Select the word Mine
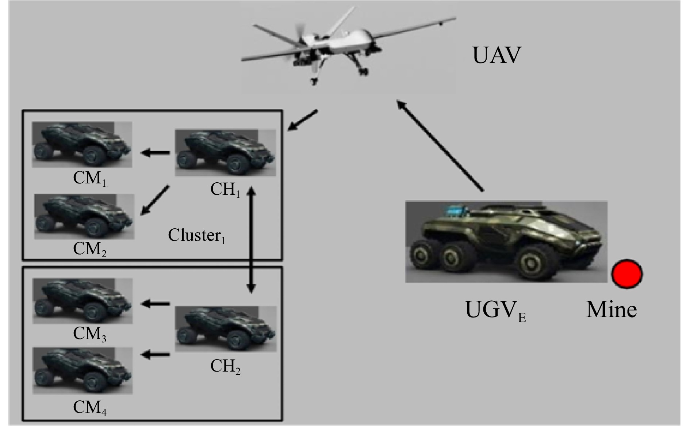click(x=611, y=309)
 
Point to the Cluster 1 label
click(x=196, y=236)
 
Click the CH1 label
click(x=225, y=189)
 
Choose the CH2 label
click(x=225, y=366)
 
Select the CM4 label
click(x=90, y=408)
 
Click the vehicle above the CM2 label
click(x=84, y=216)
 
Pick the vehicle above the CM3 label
click(x=83, y=301)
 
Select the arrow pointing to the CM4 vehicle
click(x=156, y=354)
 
